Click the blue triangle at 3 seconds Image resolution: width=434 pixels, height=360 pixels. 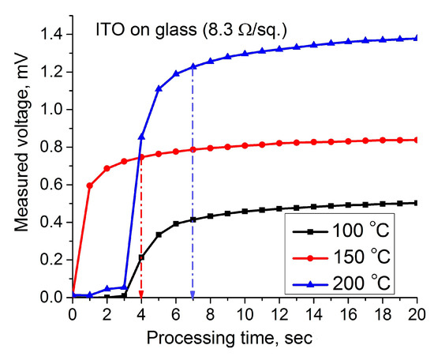(x=124, y=287)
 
